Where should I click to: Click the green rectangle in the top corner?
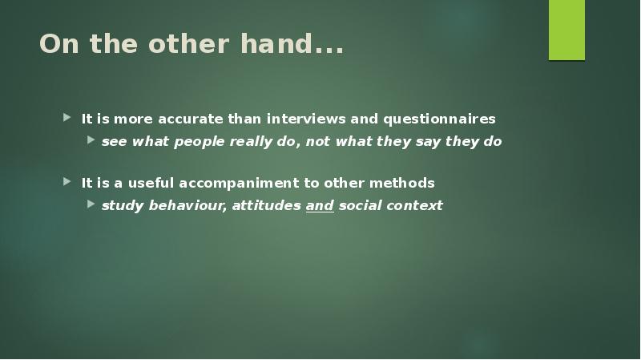click(566, 30)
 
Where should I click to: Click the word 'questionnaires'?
click(439, 119)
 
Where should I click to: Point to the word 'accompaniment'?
click(236, 183)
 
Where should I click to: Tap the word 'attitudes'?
click(267, 205)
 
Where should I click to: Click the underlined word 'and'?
click(320, 205)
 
